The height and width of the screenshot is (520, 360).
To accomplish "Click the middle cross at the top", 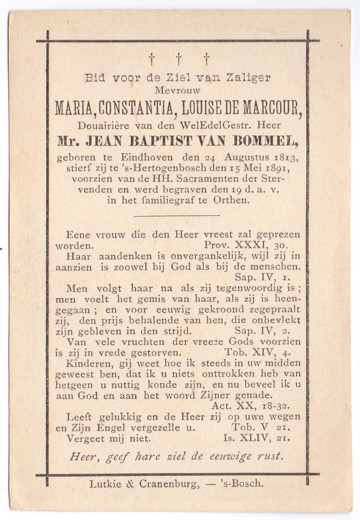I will click(178, 59).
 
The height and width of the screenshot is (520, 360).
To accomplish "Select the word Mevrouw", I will click(177, 91).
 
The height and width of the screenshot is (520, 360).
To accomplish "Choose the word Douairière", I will click(103, 125).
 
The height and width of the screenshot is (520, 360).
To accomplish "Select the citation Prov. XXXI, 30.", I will click(246, 245).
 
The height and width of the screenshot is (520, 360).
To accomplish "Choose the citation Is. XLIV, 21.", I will click(256, 439).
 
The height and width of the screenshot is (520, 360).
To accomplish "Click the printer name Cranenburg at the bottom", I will click(169, 484).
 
